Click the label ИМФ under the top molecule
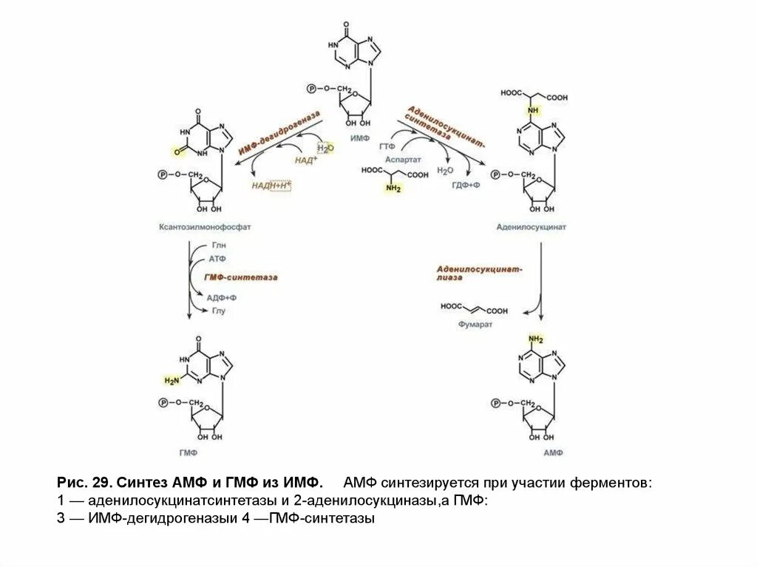click(x=360, y=138)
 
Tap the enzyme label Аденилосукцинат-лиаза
click(x=478, y=273)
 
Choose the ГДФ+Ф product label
click(x=466, y=185)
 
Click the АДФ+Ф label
click(x=221, y=296)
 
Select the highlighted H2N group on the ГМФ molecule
click(x=172, y=381)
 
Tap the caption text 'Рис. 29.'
click(x=82, y=483)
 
